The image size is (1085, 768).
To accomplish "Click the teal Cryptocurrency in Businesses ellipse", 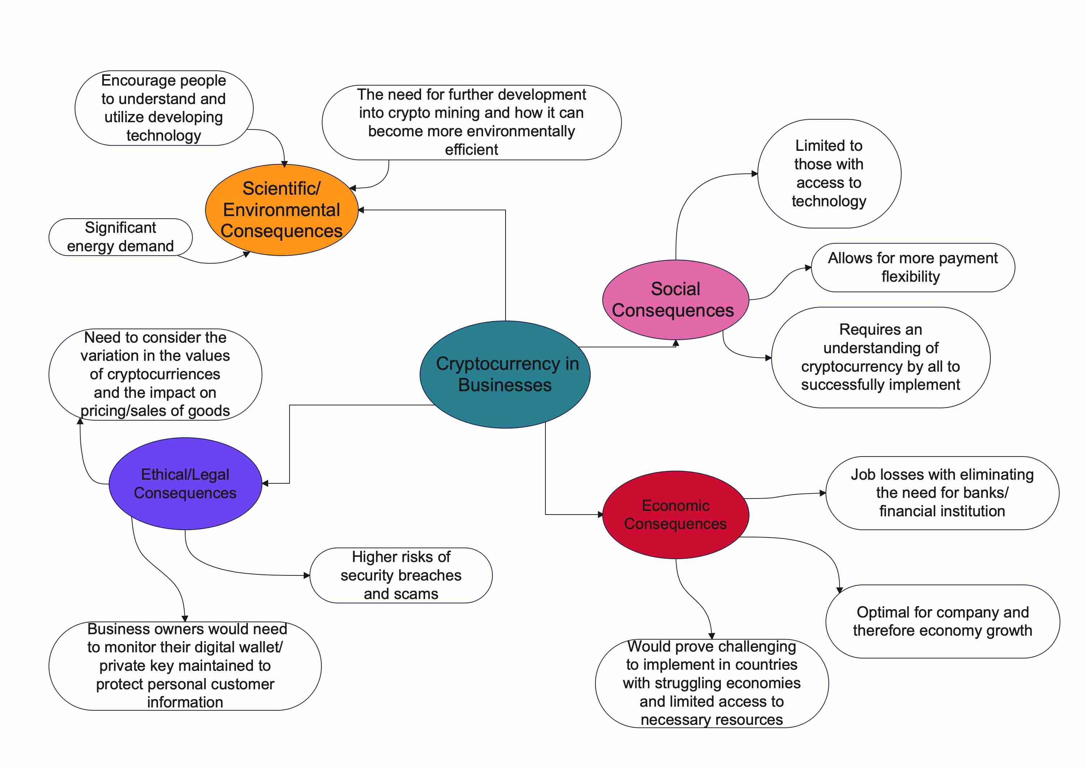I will coord(505,374).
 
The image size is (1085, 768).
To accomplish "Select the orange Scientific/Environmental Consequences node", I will coord(281,210).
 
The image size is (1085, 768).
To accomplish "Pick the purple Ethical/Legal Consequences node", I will coord(185,483).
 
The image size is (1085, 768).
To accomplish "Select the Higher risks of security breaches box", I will coord(401,575).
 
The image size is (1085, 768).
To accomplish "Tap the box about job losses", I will coord(942,493).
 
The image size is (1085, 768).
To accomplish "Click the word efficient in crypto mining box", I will coord(471,150).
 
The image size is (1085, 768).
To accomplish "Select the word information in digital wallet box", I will coord(185,702).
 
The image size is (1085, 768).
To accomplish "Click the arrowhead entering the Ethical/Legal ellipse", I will coord(265,483).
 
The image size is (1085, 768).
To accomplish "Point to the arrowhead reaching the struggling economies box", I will coord(712,636).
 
